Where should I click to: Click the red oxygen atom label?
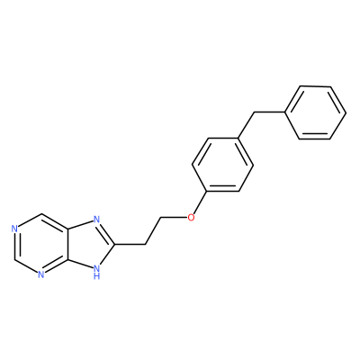point(190,217)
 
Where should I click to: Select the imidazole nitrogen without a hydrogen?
point(96,220)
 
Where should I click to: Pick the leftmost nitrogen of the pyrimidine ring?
point(13,229)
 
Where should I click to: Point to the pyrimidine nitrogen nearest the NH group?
point(41,274)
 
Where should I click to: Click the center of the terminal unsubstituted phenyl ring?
point(315,113)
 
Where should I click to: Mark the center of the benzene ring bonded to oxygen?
point(222,165)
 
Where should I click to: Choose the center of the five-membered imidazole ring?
point(91,245)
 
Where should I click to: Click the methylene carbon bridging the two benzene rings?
point(254,112)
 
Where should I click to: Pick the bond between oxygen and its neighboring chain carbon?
point(174,217)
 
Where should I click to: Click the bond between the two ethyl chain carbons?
point(153,230)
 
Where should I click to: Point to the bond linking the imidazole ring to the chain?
point(130,245)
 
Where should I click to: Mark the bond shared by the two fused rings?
point(68,245)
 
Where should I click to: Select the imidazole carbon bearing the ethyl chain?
point(114,245)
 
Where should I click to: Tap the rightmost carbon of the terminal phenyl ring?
point(346,113)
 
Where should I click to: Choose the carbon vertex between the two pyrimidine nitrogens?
point(13,259)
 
